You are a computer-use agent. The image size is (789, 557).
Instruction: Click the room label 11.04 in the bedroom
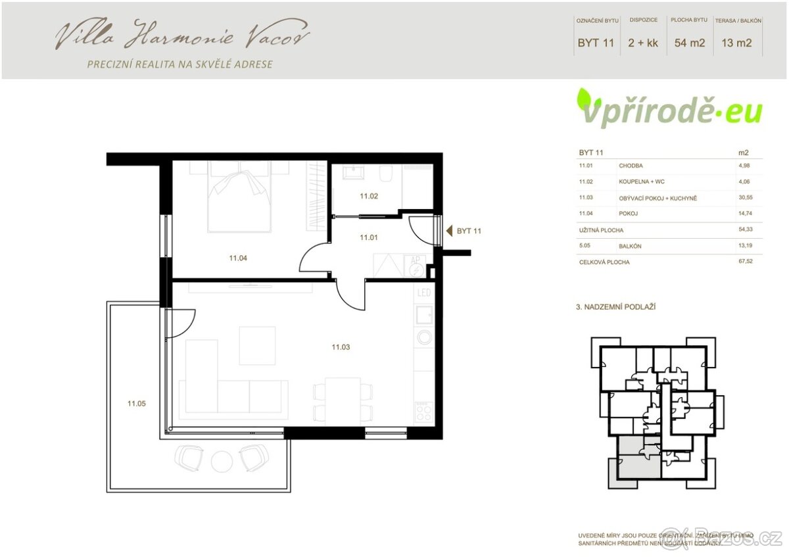pos(237,258)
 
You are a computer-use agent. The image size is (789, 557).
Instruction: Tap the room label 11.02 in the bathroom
pos(368,195)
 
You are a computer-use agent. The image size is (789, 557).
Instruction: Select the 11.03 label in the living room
pos(341,347)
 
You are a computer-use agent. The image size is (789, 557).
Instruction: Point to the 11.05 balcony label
pos(137,404)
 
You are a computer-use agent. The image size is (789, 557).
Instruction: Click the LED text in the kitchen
pos(424,293)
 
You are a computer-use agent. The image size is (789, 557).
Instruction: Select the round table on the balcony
pos(222,460)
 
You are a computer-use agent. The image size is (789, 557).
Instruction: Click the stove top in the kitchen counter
pos(424,412)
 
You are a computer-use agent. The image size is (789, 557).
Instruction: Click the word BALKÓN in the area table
pos(630,247)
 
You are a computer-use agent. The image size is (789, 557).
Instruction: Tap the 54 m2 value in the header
pos(690,43)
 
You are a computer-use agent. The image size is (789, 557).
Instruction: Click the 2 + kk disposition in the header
pos(643,43)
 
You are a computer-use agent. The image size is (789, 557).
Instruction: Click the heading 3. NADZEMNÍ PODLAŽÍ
pos(616,307)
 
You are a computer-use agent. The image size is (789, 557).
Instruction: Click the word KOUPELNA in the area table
pos(633,182)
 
